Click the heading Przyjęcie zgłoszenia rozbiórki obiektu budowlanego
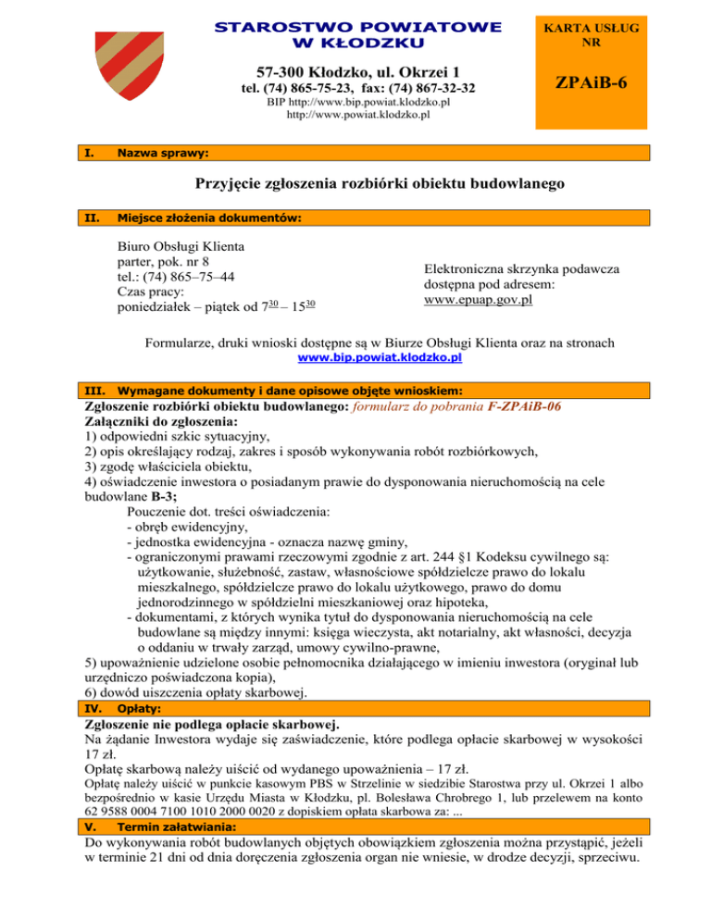(x=355, y=185)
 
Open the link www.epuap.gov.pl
(x=481, y=301)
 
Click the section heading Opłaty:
(x=137, y=708)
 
